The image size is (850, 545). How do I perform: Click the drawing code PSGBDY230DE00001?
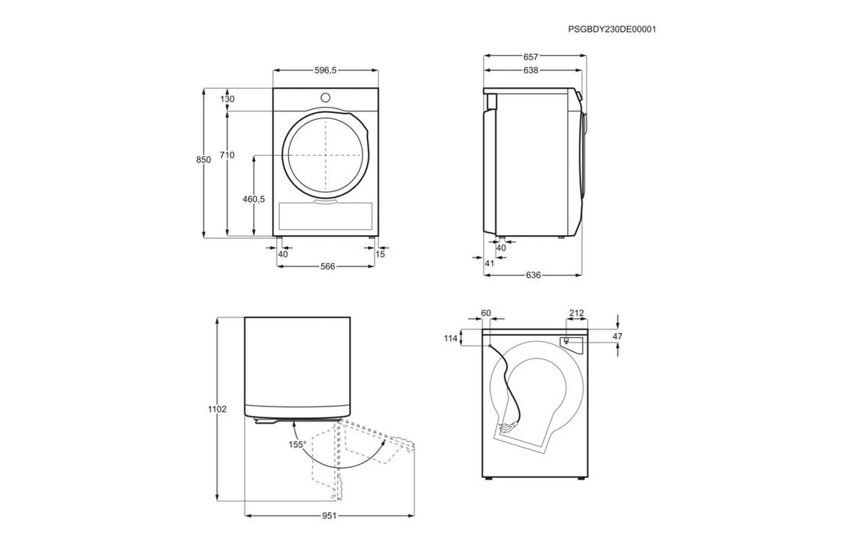point(612,30)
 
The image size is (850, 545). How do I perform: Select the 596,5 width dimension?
point(326,70)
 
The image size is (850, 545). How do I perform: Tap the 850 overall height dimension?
point(203,160)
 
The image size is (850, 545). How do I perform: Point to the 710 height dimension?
point(227,155)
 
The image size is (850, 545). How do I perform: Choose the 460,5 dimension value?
point(253,199)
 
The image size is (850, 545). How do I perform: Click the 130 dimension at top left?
point(227,99)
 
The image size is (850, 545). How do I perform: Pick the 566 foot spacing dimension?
point(327,266)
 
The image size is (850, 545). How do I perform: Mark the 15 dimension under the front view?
point(380,254)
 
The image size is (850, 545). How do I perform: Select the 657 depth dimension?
point(531,56)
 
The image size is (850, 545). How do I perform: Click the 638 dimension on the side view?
point(531,70)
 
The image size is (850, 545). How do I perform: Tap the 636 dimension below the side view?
point(534,275)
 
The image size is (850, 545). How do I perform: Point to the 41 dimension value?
point(489,263)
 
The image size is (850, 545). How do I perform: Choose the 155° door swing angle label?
point(298,444)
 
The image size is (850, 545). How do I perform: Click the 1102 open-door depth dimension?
point(217,409)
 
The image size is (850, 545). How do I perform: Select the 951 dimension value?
point(330,515)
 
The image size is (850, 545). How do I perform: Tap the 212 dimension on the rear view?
point(577,312)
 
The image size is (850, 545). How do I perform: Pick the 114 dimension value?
point(450,339)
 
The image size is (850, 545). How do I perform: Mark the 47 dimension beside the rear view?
point(618,336)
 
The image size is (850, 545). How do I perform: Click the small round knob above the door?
point(325,97)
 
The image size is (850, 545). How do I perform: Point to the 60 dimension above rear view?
point(485,312)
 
